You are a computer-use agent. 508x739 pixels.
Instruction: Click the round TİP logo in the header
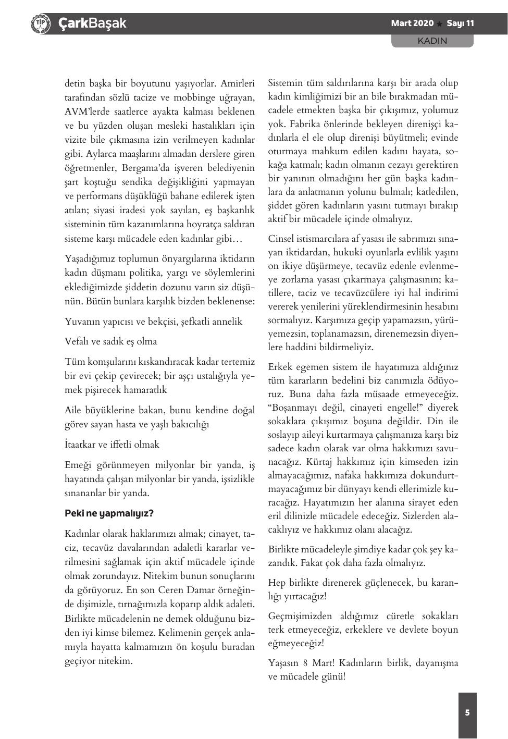[40, 23]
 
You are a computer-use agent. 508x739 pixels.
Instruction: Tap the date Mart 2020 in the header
[412, 23]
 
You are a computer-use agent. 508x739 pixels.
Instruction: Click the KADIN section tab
[432, 41]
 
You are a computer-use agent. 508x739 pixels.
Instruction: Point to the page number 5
[467, 712]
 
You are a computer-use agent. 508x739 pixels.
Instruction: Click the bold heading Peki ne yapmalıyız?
[109, 513]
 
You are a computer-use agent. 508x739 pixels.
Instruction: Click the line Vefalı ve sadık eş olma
[110, 341]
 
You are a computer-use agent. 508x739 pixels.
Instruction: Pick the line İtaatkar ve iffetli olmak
[112, 445]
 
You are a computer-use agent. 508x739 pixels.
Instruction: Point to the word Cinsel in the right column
[281, 239]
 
